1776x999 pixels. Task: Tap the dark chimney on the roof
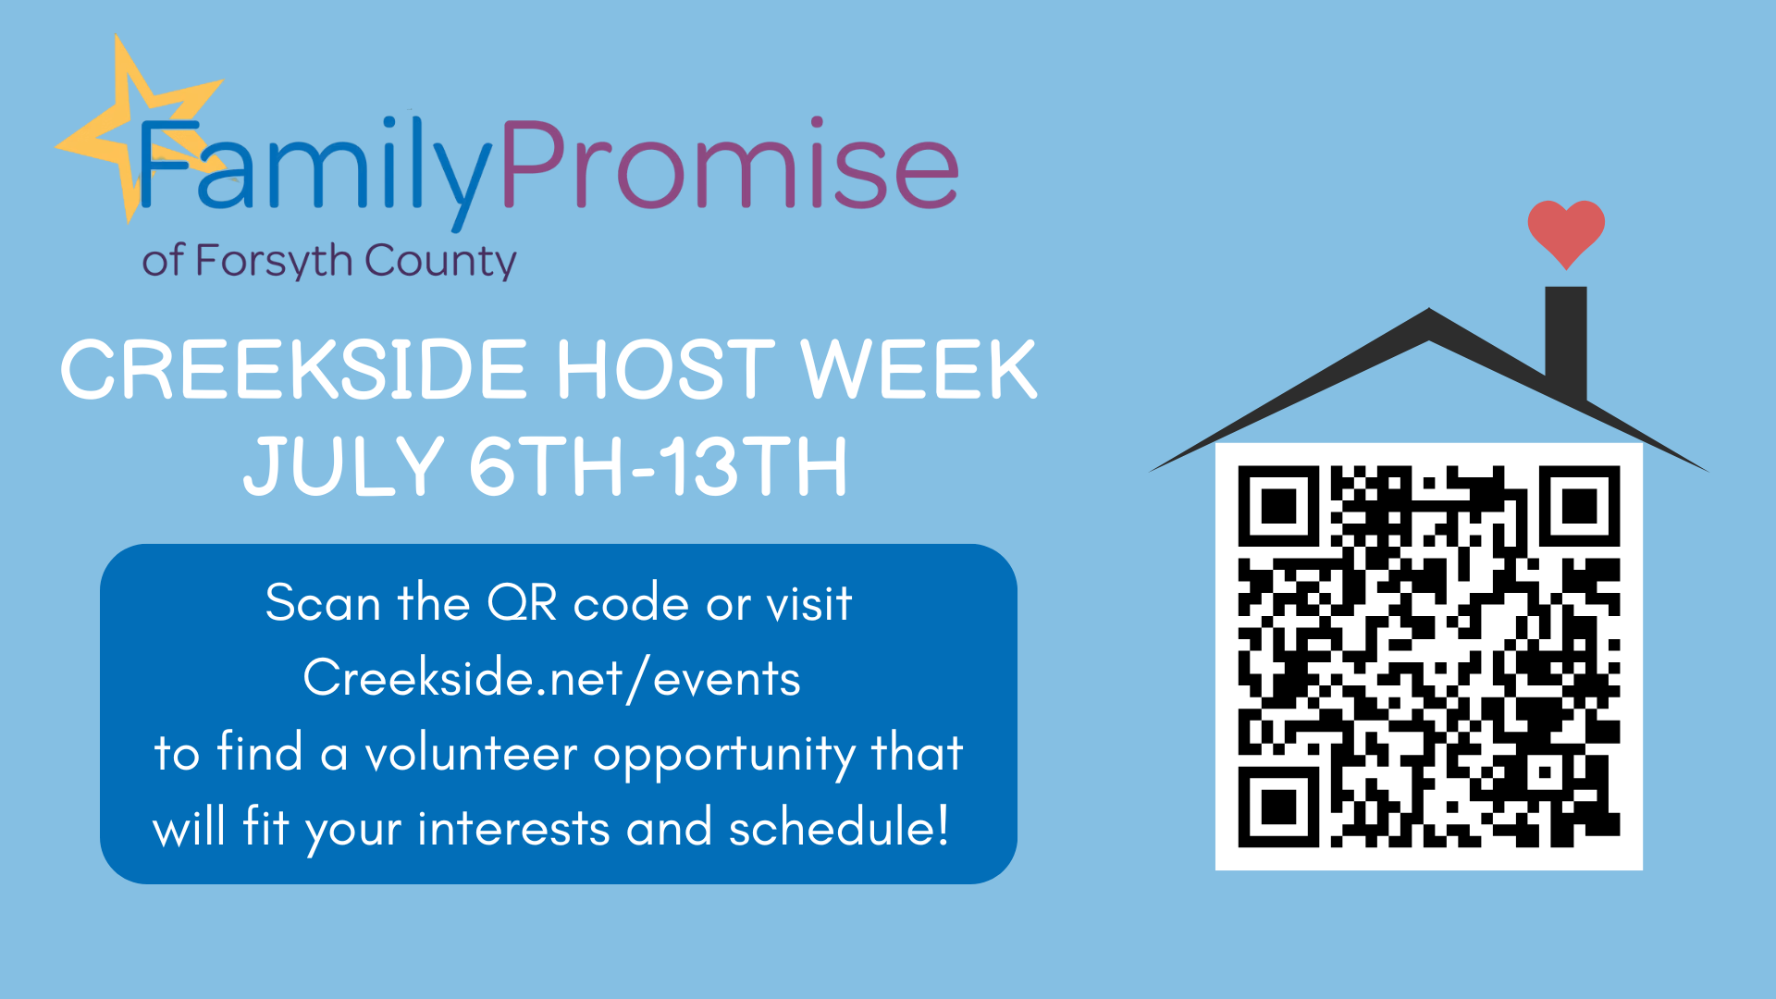pos(1566,342)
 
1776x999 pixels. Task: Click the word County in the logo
pos(440,261)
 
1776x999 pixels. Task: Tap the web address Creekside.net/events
pos(552,679)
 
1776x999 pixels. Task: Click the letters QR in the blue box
pos(522,604)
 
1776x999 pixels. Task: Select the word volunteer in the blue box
pos(471,753)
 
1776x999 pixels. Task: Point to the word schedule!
pos(839,827)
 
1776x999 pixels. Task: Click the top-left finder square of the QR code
pos(1278,506)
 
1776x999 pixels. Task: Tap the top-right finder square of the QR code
pos(1580,506)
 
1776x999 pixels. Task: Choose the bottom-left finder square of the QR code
pos(1278,808)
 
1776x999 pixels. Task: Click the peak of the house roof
pos(1429,310)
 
